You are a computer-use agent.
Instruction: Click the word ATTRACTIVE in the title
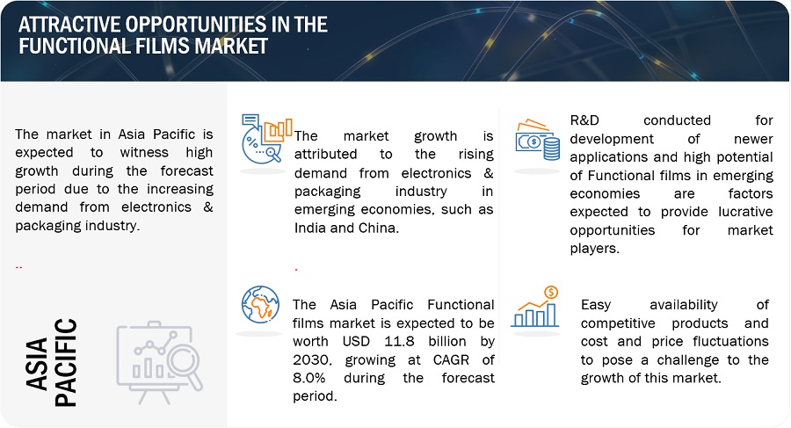click(x=69, y=25)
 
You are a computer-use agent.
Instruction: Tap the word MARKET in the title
click(x=231, y=46)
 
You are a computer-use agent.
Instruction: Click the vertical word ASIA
click(x=37, y=364)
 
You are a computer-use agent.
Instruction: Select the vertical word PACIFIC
click(x=66, y=362)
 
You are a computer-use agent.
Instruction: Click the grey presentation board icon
click(x=159, y=362)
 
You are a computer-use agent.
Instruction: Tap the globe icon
click(x=260, y=304)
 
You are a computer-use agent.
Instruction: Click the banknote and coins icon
click(x=538, y=140)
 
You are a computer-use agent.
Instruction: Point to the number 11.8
click(x=399, y=342)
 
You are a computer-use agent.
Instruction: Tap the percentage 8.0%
click(x=309, y=378)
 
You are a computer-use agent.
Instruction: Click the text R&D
click(x=584, y=120)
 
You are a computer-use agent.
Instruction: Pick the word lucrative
click(x=745, y=212)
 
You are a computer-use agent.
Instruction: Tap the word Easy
click(x=596, y=305)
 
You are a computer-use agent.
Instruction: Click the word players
click(x=594, y=249)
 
